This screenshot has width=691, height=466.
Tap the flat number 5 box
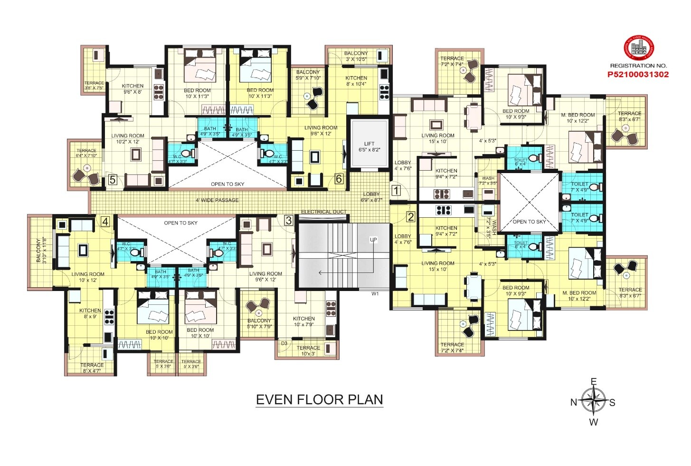coord(113,180)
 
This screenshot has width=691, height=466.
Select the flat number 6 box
coord(339,179)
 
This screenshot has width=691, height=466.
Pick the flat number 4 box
coord(105,221)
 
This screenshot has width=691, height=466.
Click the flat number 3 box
coord(288,220)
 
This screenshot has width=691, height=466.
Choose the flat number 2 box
coord(411,217)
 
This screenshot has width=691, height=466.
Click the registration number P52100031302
coord(638,74)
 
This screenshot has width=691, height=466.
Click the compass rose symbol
coord(593,400)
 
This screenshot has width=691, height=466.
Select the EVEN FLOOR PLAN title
coord(319,399)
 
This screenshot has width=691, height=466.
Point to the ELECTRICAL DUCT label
coord(323,212)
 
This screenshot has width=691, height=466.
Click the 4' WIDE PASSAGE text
coord(217,200)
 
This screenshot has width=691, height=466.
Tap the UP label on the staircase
coord(373,240)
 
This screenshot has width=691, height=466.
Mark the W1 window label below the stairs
coord(375,294)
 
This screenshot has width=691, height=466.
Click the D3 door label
coord(284,343)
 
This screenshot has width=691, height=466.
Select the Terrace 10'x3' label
coord(308,351)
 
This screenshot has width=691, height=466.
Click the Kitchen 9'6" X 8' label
coord(133,89)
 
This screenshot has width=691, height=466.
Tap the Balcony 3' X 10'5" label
coord(356,56)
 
